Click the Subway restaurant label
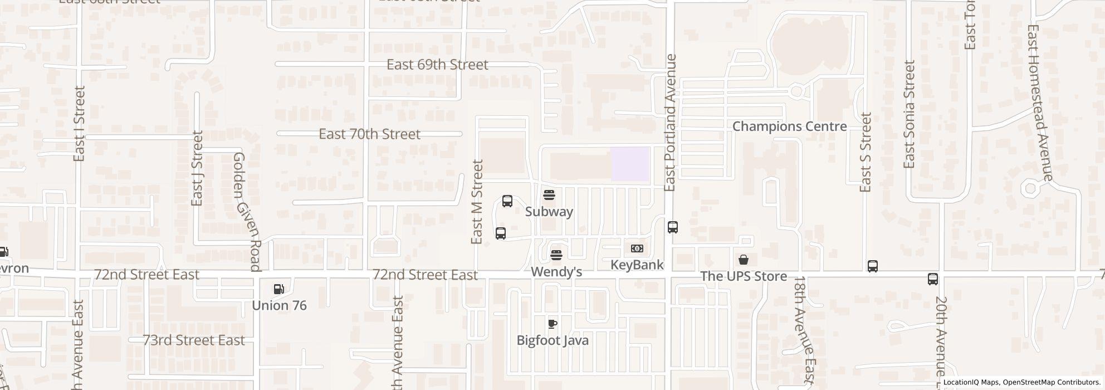tap(549, 212)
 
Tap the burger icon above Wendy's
tap(556, 256)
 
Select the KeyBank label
tap(637, 265)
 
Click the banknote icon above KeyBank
tap(637, 248)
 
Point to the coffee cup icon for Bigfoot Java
tap(552, 324)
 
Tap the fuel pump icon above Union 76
tap(279, 289)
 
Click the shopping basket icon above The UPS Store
tap(744, 260)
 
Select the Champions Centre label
tap(789, 126)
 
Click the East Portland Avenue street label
tap(670, 123)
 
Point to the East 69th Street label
tap(437, 65)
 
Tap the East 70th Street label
tap(369, 134)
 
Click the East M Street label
tap(477, 202)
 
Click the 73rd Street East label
tap(194, 340)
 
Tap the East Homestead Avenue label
tap(1039, 103)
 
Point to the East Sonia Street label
tap(910, 114)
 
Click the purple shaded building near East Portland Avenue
tap(630, 164)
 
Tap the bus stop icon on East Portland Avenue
tap(673, 227)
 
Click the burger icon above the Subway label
tap(549, 195)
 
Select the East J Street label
tap(197, 168)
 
